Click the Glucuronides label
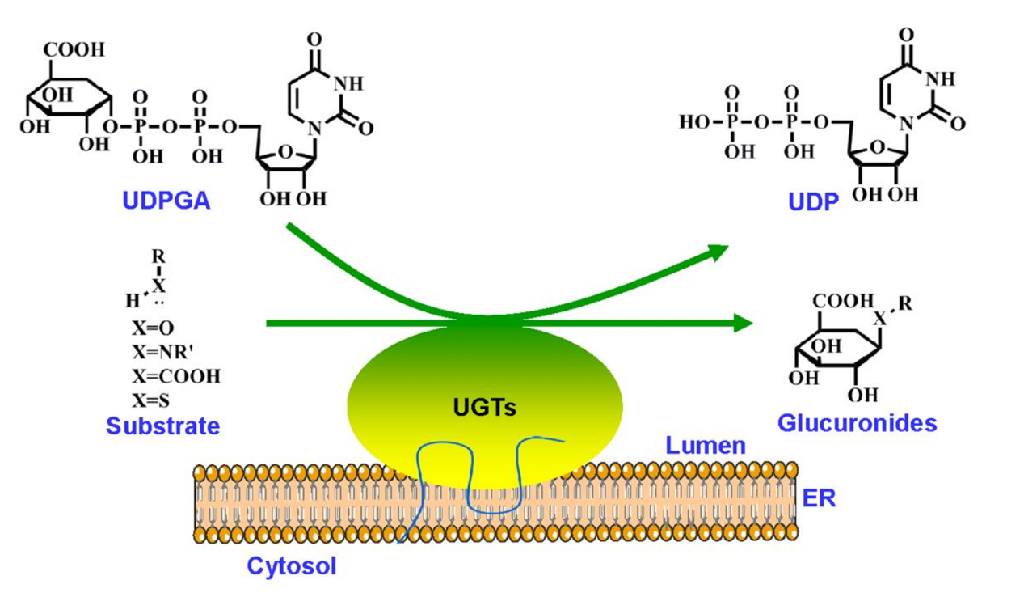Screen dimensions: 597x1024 tap(857, 423)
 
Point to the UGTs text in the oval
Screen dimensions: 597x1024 tap(484, 407)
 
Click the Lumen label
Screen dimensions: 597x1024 tap(704, 443)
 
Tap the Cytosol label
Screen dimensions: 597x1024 tap(292, 565)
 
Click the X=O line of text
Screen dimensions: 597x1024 tap(152, 328)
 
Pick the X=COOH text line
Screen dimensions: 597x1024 tap(175, 375)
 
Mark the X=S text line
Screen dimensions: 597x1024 tap(150, 399)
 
